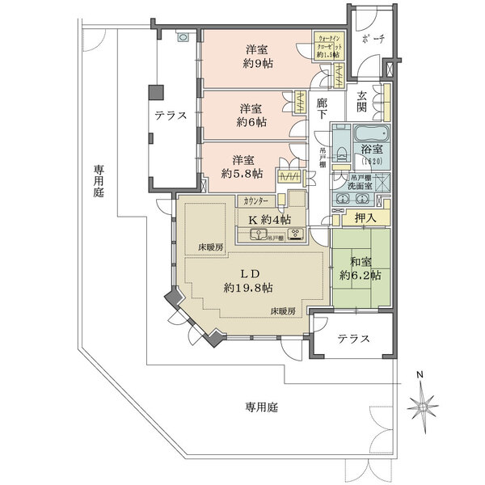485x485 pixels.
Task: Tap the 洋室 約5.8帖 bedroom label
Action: coord(242,167)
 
